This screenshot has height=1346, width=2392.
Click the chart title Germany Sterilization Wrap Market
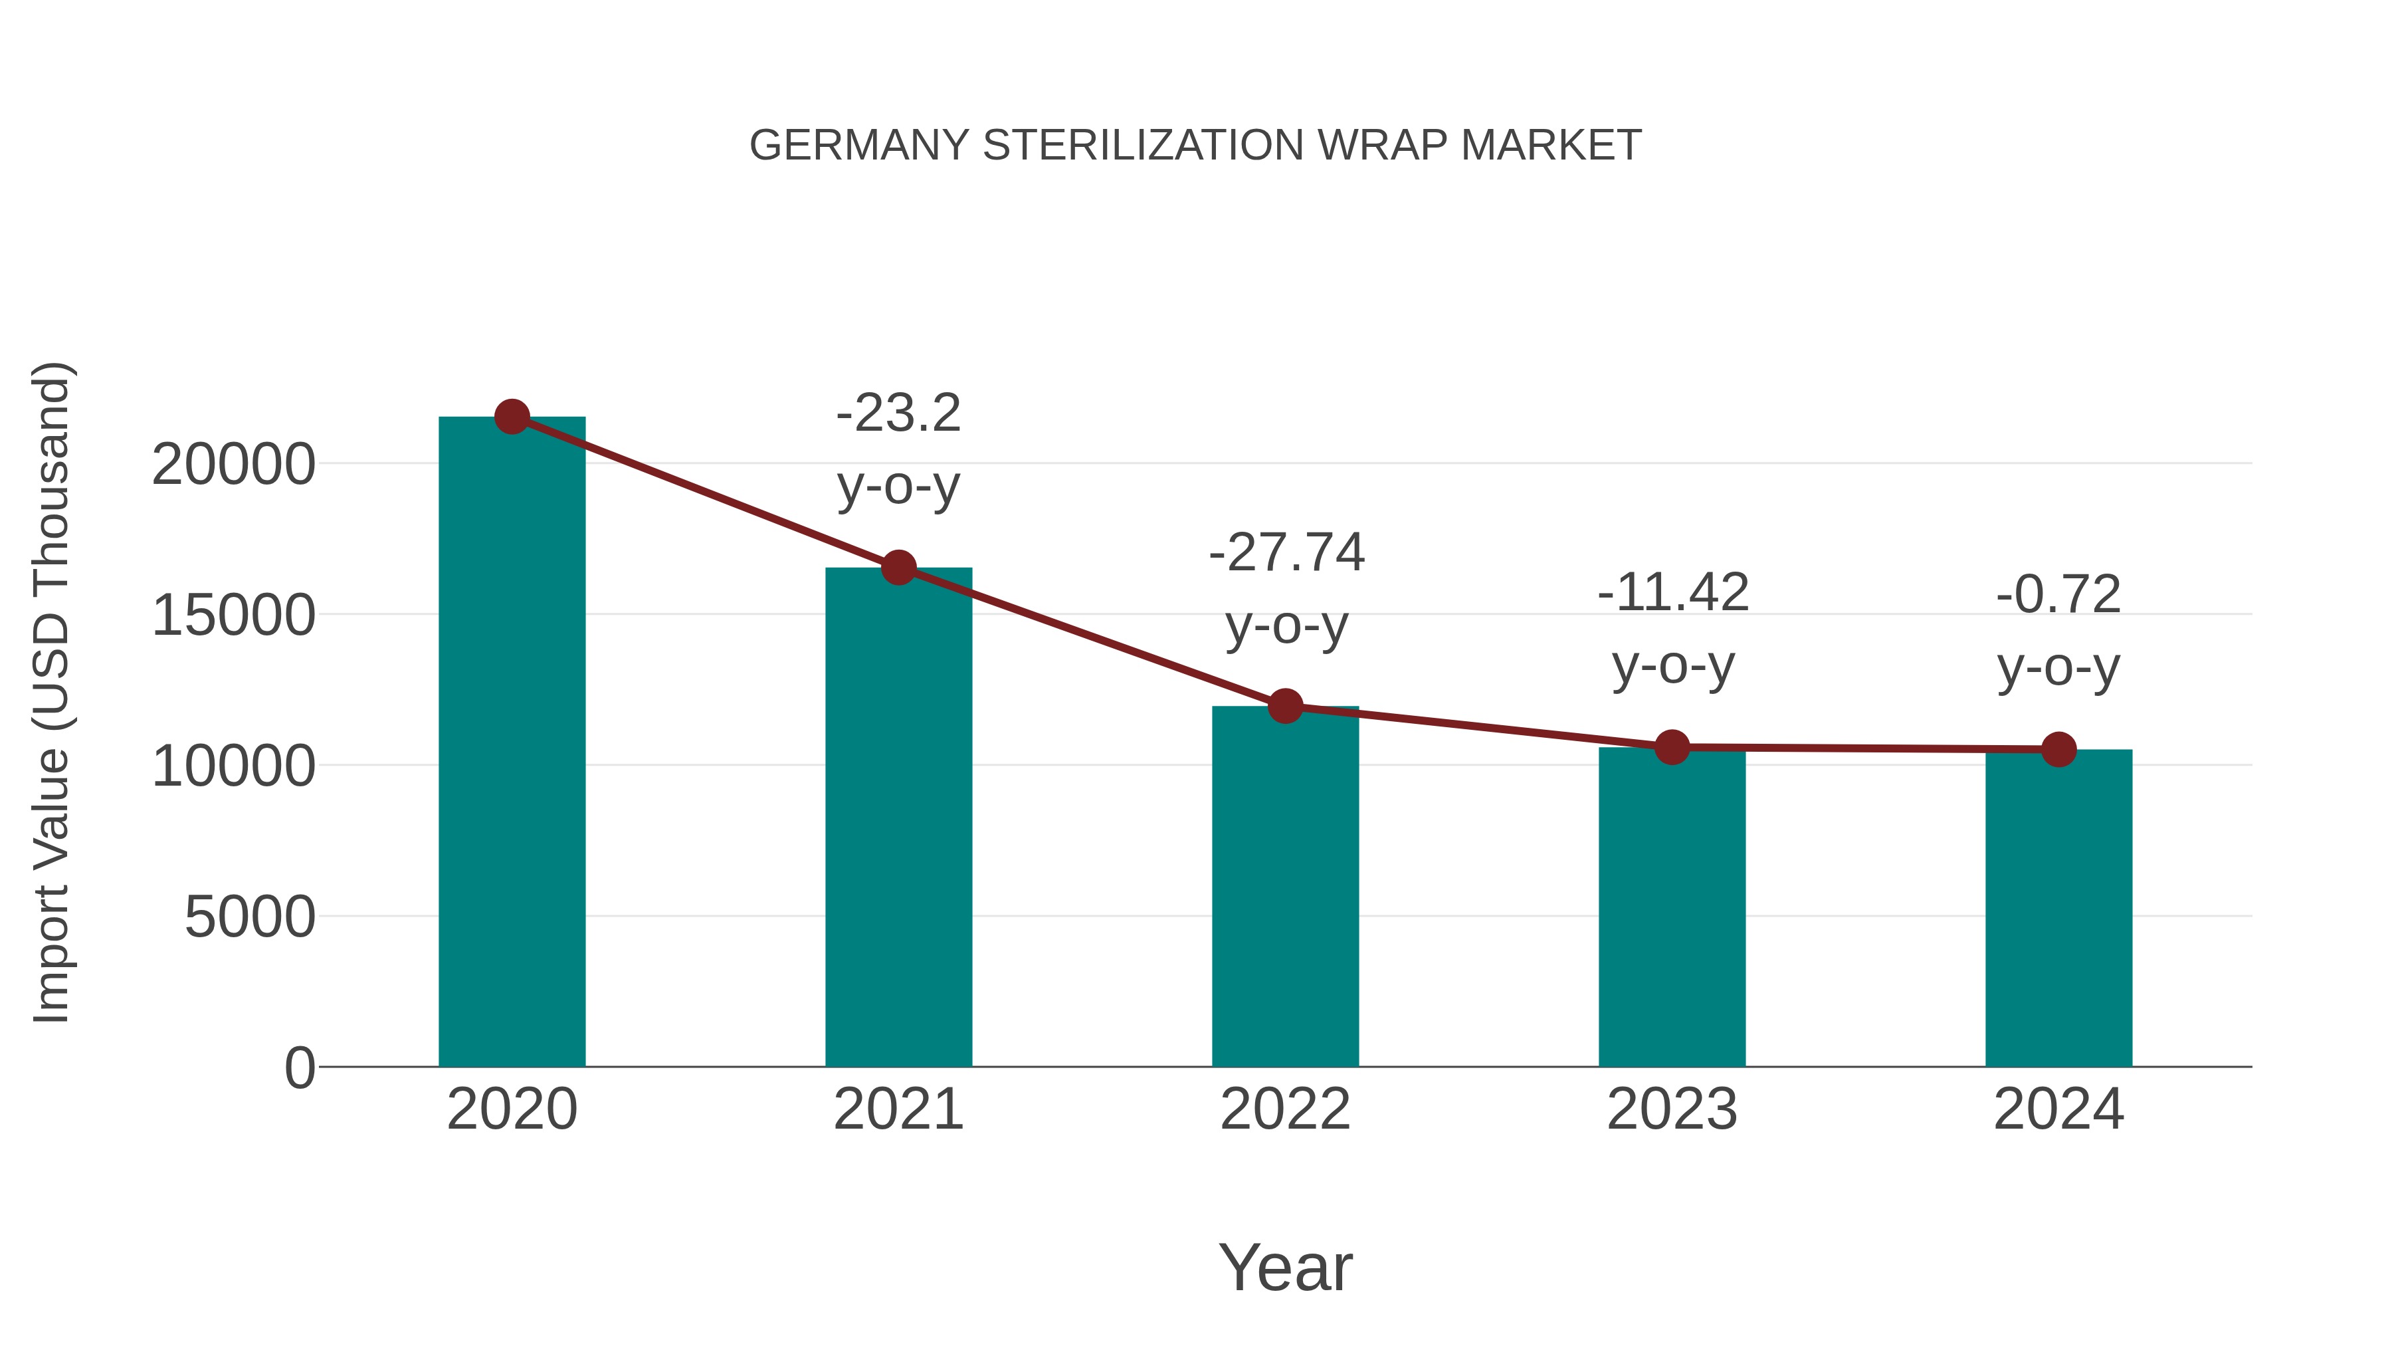(x=1195, y=146)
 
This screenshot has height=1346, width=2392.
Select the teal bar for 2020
(x=512, y=743)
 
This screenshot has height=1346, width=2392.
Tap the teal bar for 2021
(x=898, y=818)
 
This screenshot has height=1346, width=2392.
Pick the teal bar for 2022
(x=1285, y=887)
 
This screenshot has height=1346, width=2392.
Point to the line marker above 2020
(x=512, y=417)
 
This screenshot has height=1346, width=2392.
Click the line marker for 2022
(x=1285, y=706)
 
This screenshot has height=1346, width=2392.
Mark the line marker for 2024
(x=2058, y=748)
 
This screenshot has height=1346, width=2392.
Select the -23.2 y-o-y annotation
(x=898, y=449)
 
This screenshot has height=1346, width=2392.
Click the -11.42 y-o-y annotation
(x=1672, y=629)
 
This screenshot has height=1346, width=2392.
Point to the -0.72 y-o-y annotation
(x=2058, y=631)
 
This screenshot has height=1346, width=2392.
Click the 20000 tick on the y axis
(x=233, y=465)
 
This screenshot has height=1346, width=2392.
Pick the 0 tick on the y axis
(x=299, y=1067)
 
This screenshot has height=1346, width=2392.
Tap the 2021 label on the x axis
(x=898, y=1109)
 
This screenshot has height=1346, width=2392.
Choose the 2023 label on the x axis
(x=1672, y=1109)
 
